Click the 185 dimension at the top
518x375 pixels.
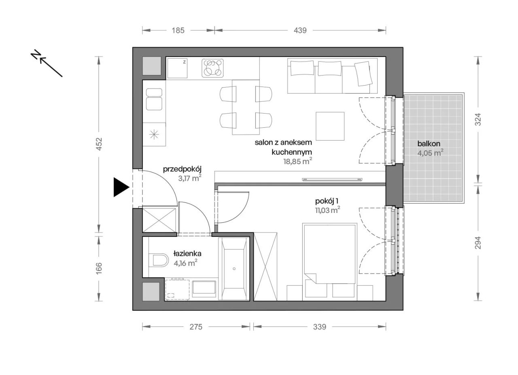178,30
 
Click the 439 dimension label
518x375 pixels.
300,30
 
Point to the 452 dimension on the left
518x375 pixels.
99,144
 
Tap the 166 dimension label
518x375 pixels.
99,268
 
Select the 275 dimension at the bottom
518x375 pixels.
196,327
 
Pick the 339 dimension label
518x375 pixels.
320,327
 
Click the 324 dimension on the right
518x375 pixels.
478,119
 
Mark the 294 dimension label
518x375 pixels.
478,243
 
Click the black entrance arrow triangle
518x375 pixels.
121,187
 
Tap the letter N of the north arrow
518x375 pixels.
36,55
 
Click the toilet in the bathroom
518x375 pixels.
158,260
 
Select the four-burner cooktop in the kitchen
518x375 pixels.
212,68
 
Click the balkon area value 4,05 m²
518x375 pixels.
430,153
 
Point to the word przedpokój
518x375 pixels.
182,169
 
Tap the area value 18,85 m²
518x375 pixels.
298,161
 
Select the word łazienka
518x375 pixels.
187,253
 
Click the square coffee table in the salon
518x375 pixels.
330,126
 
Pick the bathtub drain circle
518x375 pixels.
234,269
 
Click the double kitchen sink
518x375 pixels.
154,99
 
